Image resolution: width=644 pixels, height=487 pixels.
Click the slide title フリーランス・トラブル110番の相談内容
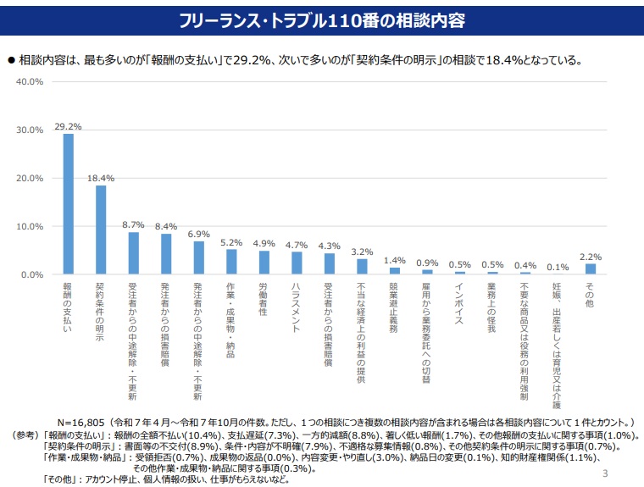(323, 19)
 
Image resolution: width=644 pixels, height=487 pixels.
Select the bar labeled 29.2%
(68, 204)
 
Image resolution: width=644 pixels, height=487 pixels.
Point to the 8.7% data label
(133, 225)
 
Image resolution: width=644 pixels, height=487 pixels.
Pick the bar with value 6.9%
(198, 258)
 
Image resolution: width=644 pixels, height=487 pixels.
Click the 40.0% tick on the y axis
(30, 82)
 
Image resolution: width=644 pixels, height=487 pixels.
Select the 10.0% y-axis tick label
(30, 227)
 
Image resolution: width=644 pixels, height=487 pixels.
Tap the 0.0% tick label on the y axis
(32, 275)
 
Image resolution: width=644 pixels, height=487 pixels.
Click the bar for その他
(590, 269)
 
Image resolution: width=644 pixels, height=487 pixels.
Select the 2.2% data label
(590, 257)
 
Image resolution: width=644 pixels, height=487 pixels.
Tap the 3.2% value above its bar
(362, 252)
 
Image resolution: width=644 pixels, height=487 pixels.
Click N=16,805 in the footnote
(90, 421)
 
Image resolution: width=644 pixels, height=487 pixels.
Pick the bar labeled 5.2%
(231, 262)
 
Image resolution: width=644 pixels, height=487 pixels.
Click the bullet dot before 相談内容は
(12, 60)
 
